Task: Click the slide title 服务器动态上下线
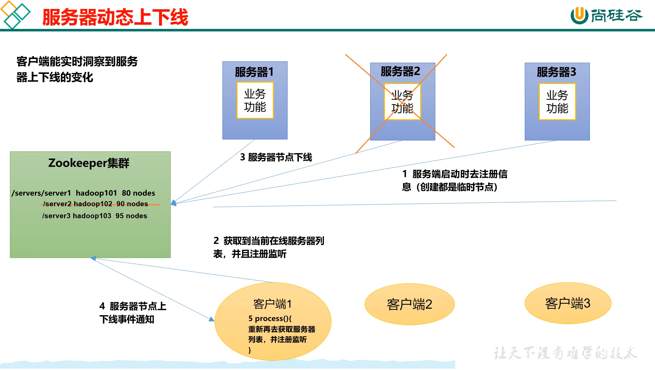pyautogui.click(x=115, y=17)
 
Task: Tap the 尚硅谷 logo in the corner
pyautogui.click(x=606, y=15)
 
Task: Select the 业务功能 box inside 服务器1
pyautogui.click(x=255, y=100)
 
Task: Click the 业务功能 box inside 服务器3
pyautogui.click(x=557, y=101)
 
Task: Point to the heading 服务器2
pyautogui.click(x=400, y=71)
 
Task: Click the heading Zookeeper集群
pyautogui.click(x=89, y=163)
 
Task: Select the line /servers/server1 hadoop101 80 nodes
pyautogui.click(x=83, y=193)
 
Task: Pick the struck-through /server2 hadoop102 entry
pyautogui.click(x=96, y=204)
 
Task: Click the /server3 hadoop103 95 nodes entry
pyautogui.click(x=95, y=216)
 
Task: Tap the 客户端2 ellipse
pyautogui.click(x=410, y=304)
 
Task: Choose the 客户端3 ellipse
pyautogui.click(x=568, y=303)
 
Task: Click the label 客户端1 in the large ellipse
pyautogui.click(x=272, y=304)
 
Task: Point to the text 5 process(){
pyautogui.click(x=270, y=319)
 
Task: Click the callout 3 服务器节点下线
pyautogui.click(x=276, y=157)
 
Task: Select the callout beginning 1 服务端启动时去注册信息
pyautogui.click(x=454, y=181)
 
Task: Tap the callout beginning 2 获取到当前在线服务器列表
pyautogui.click(x=268, y=247)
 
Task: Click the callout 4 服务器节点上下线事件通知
pyautogui.click(x=133, y=312)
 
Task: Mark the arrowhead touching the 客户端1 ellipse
pyautogui.click(x=212, y=319)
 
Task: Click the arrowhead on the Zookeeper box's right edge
pyautogui.click(x=174, y=203)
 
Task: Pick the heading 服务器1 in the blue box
pyautogui.click(x=254, y=72)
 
